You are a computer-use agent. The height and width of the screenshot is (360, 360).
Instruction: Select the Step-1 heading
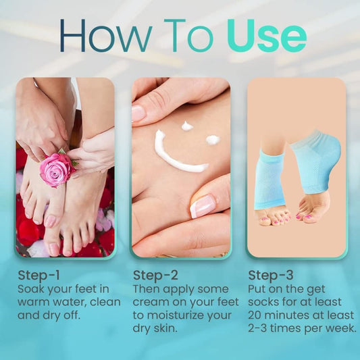[38, 275]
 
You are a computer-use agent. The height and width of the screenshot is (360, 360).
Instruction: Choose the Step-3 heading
[270, 275]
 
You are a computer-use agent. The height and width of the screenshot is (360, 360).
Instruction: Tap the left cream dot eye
[187, 126]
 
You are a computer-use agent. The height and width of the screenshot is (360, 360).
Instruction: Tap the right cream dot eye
[213, 139]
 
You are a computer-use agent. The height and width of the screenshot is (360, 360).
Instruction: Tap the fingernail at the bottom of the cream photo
[203, 205]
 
